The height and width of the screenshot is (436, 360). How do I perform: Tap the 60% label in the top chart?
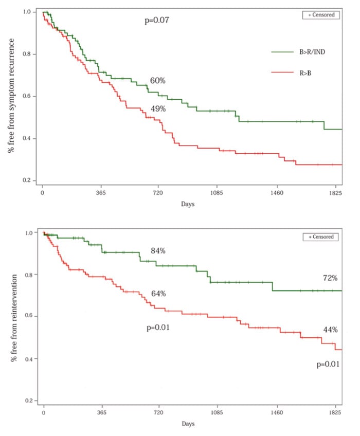pyautogui.click(x=157, y=81)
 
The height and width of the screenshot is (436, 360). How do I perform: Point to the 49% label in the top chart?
pyautogui.click(x=157, y=108)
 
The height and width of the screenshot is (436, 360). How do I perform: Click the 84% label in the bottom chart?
pyautogui.click(x=157, y=251)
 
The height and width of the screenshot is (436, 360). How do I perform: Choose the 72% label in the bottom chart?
pyautogui.click(x=329, y=278)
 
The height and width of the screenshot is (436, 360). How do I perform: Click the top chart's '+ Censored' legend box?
pyautogui.click(x=321, y=15)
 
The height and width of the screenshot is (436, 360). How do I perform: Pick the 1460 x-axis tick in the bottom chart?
pyautogui.click(x=277, y=412)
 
